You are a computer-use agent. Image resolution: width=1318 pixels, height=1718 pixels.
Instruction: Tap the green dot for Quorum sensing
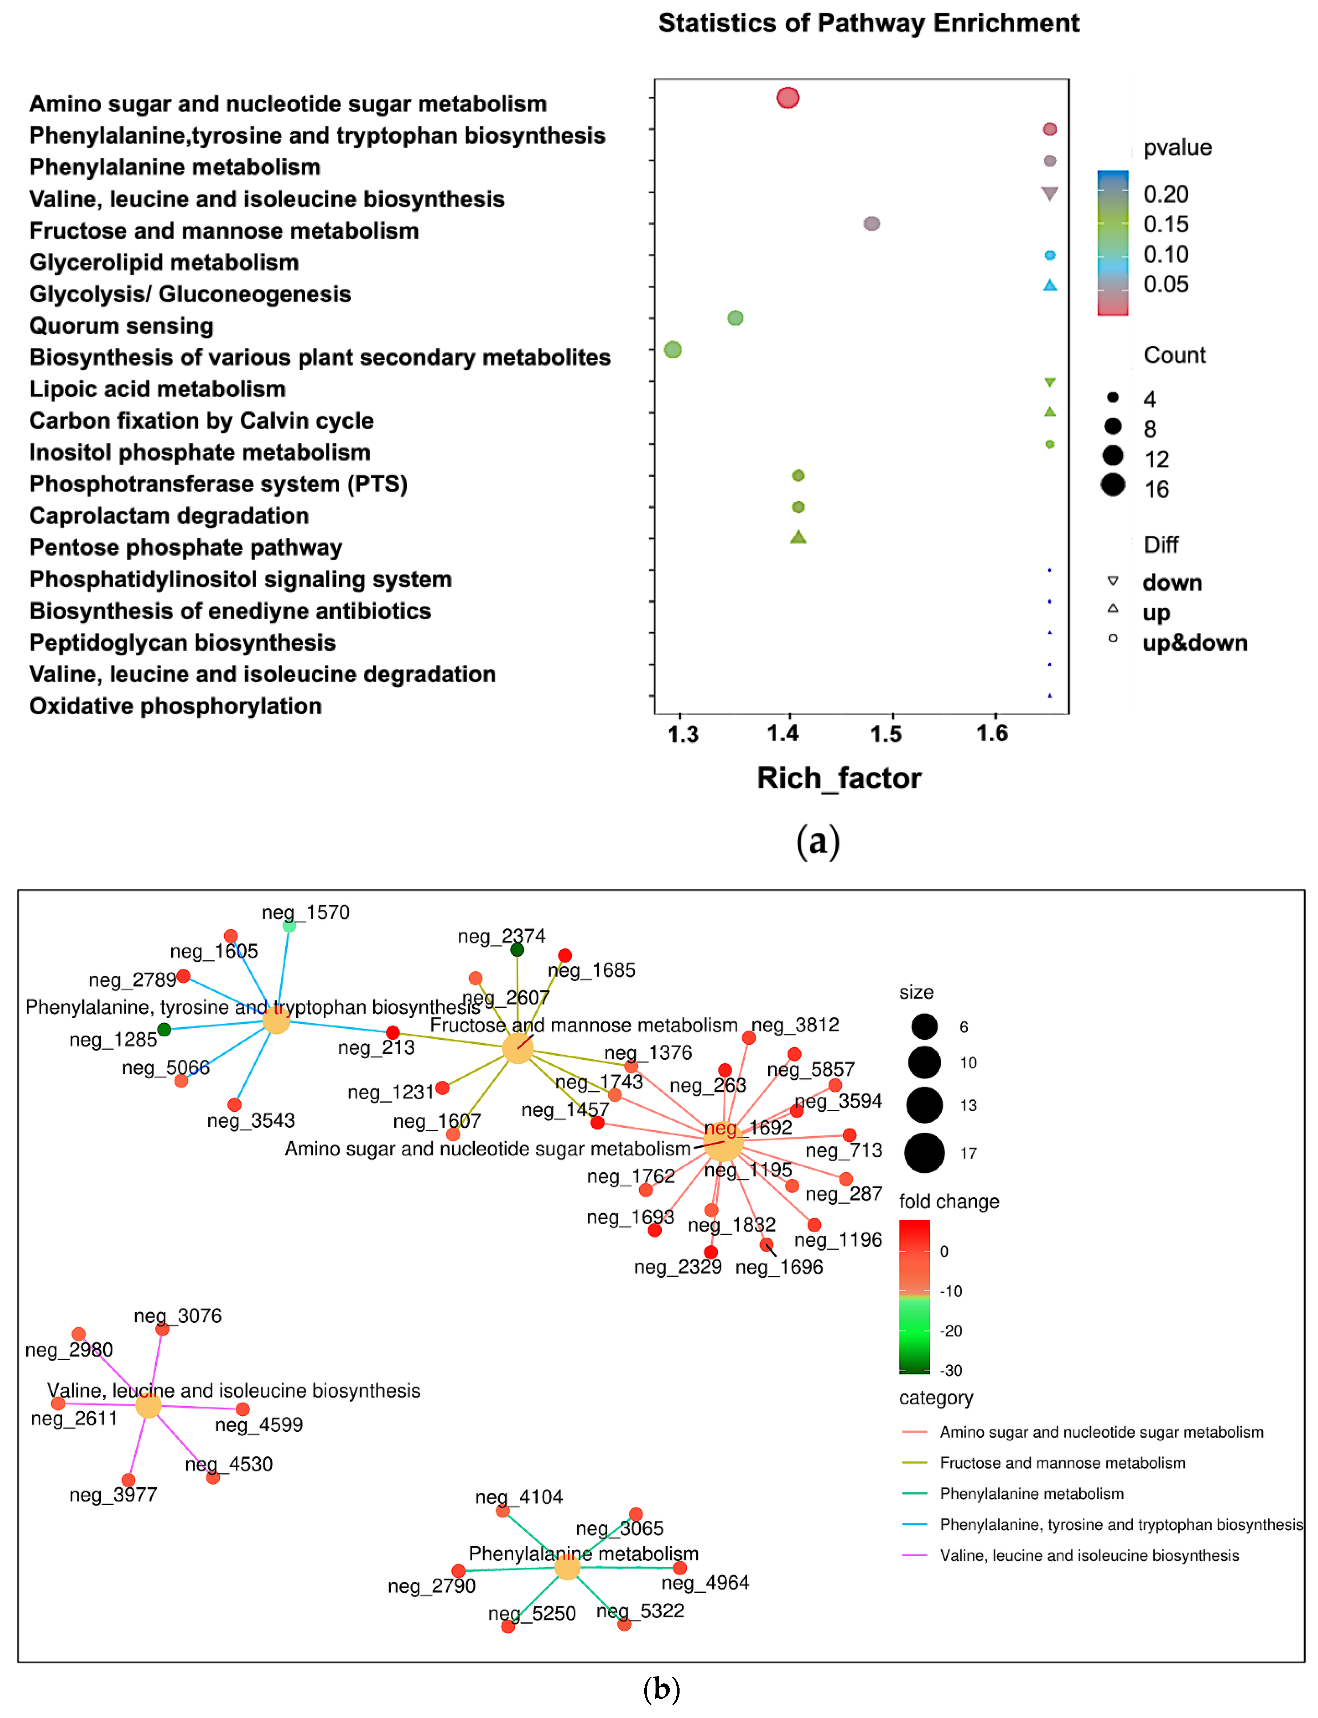click(735, 318)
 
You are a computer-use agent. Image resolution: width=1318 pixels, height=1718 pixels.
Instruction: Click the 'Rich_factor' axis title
click(839, 778)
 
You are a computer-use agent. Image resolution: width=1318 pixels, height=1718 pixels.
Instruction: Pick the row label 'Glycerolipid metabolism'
click(164, 262)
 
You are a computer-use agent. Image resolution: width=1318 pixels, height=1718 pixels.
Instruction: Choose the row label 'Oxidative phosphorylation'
click(176, 706)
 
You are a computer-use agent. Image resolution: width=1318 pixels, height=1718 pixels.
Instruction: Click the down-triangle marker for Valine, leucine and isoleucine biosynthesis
click(1049, 193)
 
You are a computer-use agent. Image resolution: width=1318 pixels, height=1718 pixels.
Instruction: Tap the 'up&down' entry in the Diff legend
click(1194, 643)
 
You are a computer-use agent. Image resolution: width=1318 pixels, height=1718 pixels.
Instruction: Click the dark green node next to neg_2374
click(517, 950)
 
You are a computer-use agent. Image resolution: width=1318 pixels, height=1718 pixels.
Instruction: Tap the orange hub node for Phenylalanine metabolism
click(567, 1567)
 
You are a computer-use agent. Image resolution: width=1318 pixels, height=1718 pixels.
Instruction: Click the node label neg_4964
click(705, 1582)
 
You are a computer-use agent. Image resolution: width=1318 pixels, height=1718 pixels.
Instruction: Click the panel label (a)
click(817, 841)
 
